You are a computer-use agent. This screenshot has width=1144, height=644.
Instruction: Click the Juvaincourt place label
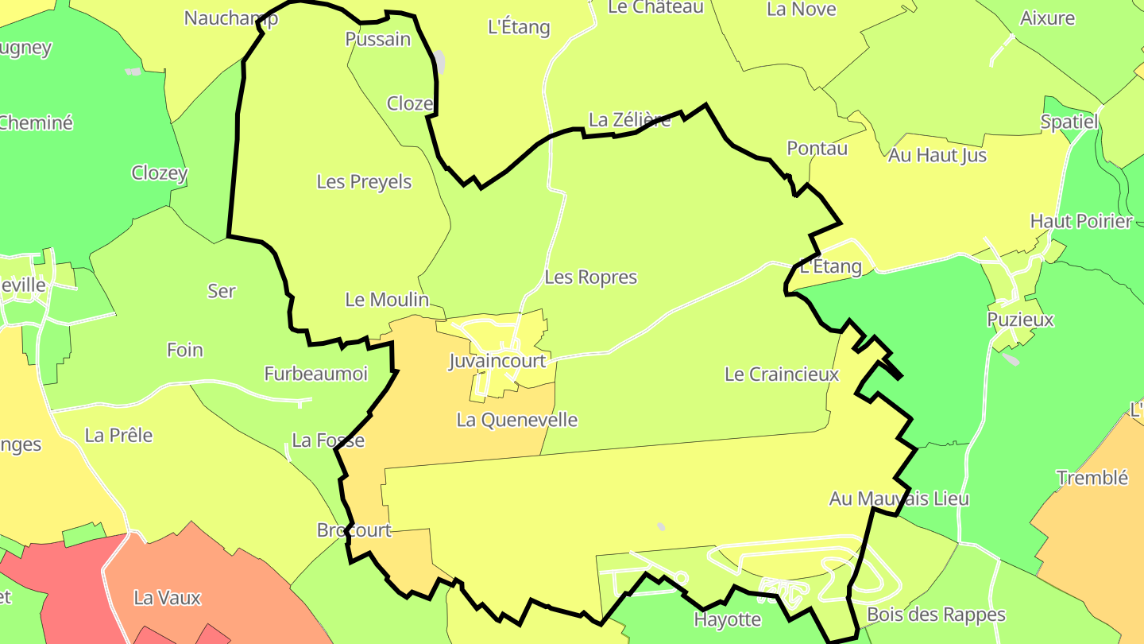(x=497, y=361)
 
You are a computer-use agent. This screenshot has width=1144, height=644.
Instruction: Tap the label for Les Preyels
(x=364, y=181)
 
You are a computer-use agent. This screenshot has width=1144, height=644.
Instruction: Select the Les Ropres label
(x=591, y=277)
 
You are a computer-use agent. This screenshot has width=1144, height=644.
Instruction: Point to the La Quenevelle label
(x=517, y=420)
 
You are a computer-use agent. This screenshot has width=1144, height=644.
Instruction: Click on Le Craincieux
(x=782, y=374)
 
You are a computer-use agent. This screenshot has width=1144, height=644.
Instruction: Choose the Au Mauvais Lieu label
(x=899, y=499)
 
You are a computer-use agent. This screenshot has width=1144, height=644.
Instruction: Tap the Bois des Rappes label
(x=936, y=615)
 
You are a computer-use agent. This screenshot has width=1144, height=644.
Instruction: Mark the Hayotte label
(x=728, y=619)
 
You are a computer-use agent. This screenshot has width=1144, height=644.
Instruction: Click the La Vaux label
(x=168, y=598)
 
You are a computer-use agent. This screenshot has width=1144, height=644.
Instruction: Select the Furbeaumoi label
(x=316, y=374)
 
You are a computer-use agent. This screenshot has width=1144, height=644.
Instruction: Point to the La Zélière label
(x=630, y=120)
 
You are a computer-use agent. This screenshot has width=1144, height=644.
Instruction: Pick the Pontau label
(x=817, y=148)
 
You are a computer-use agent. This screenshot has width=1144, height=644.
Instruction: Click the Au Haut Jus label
(x=937, y=155)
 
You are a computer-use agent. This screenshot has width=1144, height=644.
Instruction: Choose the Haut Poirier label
(x=1080, y=221)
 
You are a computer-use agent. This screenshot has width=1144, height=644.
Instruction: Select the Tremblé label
(x=1092, y=478)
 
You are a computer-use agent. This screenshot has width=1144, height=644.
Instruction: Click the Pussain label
(x=378, y=39)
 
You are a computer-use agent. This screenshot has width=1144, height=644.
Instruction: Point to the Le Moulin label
(x=387, y=300)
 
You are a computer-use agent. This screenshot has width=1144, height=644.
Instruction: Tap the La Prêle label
(x=118, y=436)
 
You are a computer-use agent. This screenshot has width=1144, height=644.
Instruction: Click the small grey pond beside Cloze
(x=439, y=63)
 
